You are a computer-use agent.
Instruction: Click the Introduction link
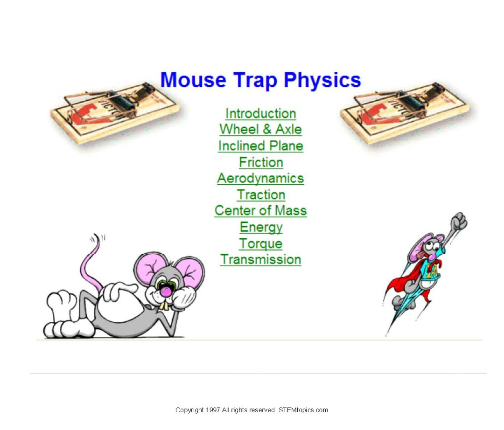(x=260, y=113)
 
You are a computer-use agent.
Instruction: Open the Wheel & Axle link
(x=260, y=129)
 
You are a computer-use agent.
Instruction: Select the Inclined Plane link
(x=260, y=146)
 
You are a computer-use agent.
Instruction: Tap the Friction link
(x=261, y=162)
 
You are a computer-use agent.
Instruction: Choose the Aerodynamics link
(x=260, y=178)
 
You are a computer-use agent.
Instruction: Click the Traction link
(x=261, y=194)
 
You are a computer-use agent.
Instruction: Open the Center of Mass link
(x=260, y=210)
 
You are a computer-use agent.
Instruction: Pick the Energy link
(x=261, y=227)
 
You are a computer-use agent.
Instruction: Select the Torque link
(x=261, y=243)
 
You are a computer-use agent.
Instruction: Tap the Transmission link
(x=260, y=259)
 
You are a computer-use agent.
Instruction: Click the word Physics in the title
(x=322, y=80)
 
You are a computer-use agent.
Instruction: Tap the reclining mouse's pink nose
(x=165, y=291)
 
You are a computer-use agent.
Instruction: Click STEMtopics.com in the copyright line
(x=303, y=410)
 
